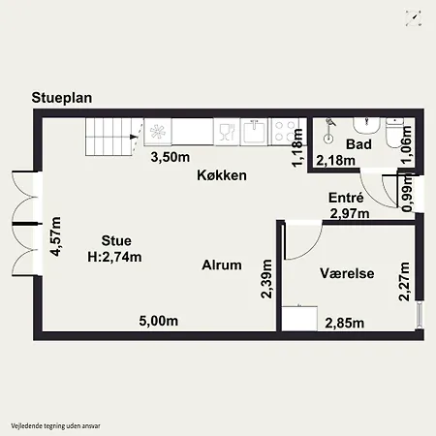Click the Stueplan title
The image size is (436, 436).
(62, 98)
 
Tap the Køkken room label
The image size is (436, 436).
(222, 175)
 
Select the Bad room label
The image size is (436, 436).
(358, 144)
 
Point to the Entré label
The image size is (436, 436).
(346, 198)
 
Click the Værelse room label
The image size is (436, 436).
(347, 273)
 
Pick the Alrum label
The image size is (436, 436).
(222, 265)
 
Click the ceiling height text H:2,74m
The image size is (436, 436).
(114, 257)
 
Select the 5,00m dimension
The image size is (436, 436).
(159, 321)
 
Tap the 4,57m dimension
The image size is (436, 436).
(56, 236)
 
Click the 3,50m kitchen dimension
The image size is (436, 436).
(171, 157)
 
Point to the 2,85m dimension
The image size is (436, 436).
(345, 323)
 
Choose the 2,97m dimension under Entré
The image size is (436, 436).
(350, 213)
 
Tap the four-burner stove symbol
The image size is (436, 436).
(286, 132)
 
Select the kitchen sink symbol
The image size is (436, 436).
(255, 132)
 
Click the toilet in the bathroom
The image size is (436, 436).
(394, 133)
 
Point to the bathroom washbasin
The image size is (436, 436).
(366, 126)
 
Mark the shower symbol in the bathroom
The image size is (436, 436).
(328, 131)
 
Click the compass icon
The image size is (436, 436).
(414, 18)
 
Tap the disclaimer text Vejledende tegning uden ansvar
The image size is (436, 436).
(55, 426)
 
